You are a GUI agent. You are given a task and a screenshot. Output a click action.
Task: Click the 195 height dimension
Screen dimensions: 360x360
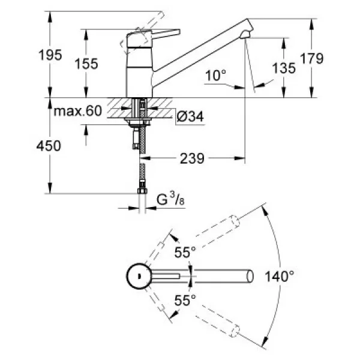(x=50, y=55)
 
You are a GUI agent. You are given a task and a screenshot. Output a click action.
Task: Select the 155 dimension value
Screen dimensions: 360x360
(x=86, y=64)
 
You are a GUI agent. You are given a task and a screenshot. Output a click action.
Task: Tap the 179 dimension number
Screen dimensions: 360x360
(x=312, y=58)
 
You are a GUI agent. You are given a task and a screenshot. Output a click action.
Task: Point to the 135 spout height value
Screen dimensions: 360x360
(x=284, y=68)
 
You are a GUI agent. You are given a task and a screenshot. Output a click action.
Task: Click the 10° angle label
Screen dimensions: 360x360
(x=215, y=76)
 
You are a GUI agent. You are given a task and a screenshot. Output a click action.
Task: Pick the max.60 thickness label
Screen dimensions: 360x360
(x=77, y=111)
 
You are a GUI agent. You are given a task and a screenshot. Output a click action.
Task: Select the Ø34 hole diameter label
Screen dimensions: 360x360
(x=190, y=116)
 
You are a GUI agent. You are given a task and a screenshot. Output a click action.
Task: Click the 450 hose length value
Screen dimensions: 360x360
(x=49, y=146)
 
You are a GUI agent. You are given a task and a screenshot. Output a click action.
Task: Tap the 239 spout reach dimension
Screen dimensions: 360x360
(x=192, y=158)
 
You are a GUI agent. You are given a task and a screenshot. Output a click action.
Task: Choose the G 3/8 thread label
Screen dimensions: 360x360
(x=170, y=199)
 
